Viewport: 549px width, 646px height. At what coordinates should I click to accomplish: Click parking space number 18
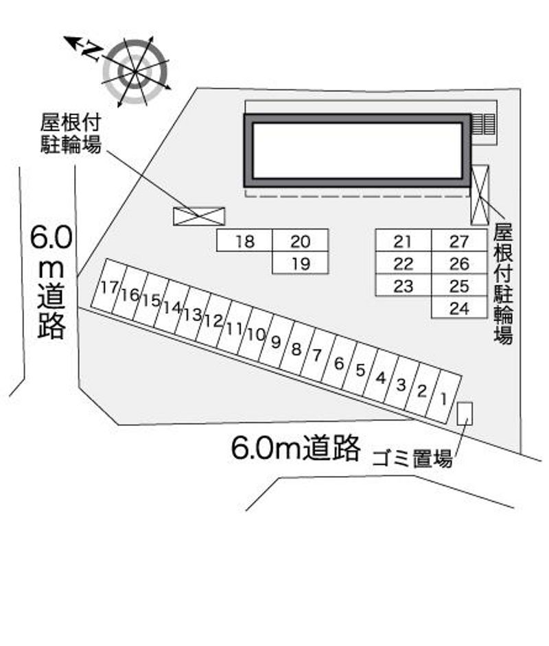245,240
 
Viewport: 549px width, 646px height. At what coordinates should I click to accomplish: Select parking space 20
300,240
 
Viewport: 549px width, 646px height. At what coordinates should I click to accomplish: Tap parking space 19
300,263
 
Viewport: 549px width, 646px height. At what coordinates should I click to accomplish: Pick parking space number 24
459,307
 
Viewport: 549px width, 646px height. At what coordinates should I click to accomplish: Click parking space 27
459,241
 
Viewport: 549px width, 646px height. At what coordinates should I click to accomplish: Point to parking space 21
404,241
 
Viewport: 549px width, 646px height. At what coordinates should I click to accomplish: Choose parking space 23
404,285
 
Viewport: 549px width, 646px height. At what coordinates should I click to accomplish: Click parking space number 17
109,287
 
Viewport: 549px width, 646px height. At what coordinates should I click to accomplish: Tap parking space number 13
192,314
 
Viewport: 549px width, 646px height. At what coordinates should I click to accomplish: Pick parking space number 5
360,370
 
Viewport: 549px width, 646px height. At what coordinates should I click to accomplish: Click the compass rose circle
135,71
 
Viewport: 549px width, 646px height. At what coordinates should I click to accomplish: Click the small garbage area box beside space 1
465,414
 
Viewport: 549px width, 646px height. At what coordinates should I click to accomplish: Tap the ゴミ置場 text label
412,459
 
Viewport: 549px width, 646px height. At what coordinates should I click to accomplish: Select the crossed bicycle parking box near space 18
199,216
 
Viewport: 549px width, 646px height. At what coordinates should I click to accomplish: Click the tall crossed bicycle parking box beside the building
480,195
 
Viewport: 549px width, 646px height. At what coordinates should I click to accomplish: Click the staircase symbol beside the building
483,124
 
